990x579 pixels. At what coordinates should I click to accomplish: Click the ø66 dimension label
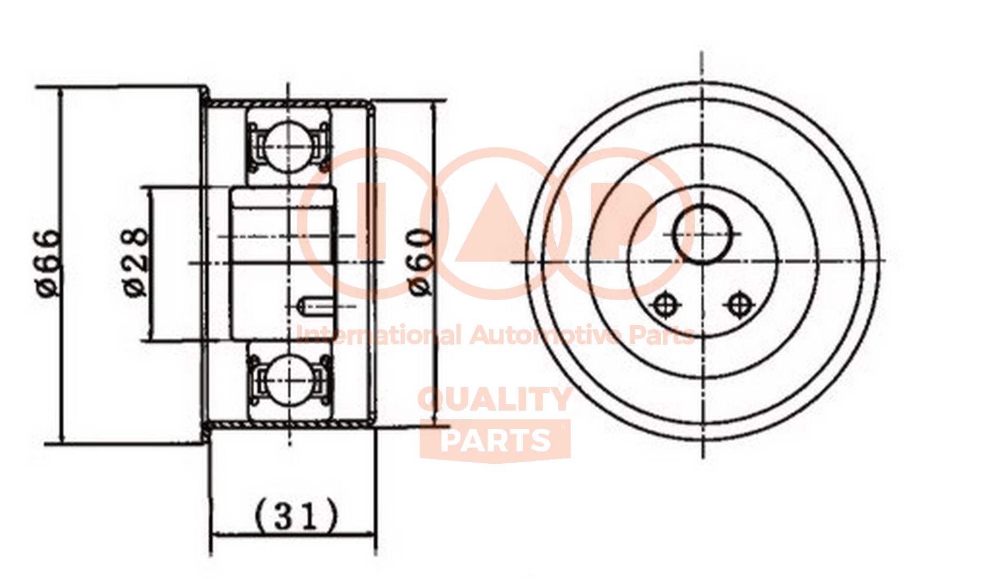pyautogui.click(x=48, y=263)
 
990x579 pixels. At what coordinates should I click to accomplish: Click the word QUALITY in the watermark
pyautogui.click(x=494, y=400)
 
